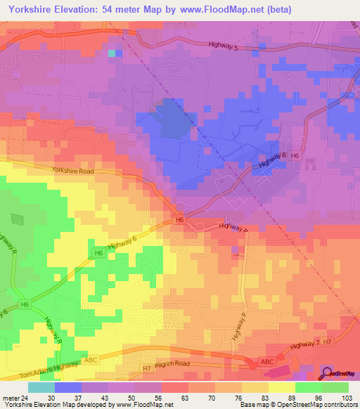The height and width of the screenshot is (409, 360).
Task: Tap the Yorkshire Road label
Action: (72, 169)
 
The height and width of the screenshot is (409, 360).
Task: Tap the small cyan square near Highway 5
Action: (112, 53)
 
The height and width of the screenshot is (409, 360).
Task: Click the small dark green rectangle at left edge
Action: (17, 219)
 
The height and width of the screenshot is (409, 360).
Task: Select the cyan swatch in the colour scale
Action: (41, 387)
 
